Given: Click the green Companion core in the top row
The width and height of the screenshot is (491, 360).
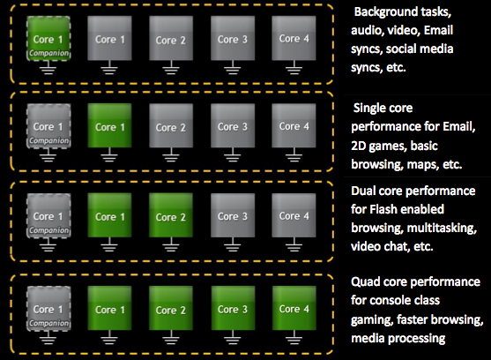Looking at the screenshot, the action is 48,38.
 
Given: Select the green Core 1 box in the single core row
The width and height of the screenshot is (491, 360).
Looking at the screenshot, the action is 109,125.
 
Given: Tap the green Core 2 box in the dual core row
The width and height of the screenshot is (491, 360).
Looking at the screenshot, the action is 171,215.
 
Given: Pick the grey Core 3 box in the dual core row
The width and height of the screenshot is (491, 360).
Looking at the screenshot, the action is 233,215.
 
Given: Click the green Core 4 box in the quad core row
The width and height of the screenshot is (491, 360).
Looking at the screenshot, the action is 294,308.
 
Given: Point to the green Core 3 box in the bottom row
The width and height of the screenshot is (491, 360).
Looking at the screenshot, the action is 233,308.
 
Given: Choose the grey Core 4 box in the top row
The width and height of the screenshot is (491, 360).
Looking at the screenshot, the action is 294,38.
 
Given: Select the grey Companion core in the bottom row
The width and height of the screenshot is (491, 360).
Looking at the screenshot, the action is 48,308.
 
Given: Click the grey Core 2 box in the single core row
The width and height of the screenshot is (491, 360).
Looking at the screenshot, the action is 171,125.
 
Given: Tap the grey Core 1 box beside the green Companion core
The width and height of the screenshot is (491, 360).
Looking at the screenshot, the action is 109,38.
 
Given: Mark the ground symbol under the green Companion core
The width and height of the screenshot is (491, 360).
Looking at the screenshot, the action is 48,67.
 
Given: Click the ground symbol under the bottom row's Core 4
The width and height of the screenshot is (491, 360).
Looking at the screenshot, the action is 294,337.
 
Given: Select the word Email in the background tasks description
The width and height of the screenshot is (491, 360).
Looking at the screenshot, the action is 438,30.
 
